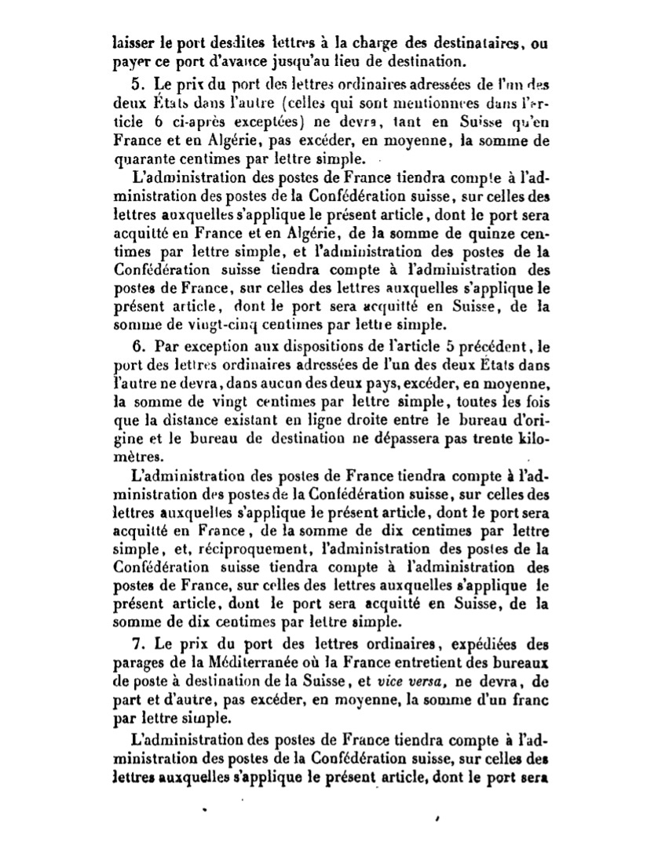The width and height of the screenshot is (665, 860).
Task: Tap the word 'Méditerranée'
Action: click(x=241, y=661)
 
